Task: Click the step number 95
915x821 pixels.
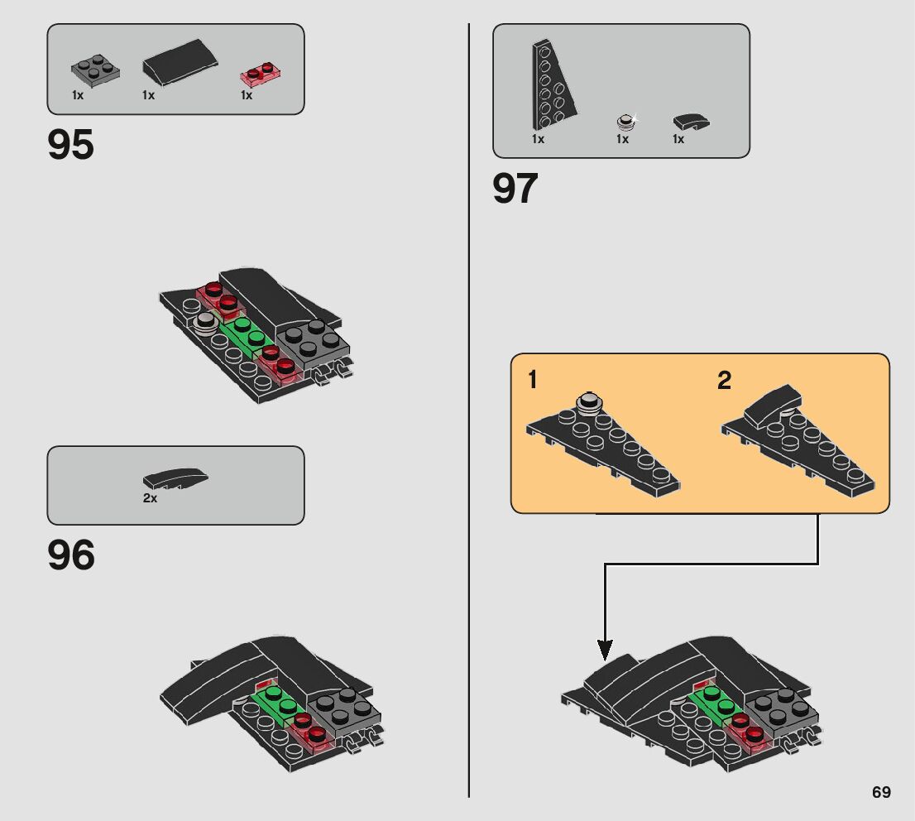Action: [x=71, y=145]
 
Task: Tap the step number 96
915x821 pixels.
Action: [x=71, y=555]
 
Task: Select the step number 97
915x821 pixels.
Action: [x=515, y=189]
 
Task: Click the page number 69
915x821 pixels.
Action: [x=881, y=792]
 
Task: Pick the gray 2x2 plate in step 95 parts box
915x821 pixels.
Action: [x=95, y=69]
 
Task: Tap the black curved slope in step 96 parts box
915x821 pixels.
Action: [x=175, y=478]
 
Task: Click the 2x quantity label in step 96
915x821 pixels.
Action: [x=150, y=499]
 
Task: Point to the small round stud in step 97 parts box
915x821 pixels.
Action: [x=626, y=122]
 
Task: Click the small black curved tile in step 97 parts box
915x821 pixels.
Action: [x=690, y=122]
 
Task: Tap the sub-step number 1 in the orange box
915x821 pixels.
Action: [x=533, y=381]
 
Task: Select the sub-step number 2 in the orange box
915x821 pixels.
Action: [x=724, y=381]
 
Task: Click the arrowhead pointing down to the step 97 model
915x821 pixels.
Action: [x=606, y=650]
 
